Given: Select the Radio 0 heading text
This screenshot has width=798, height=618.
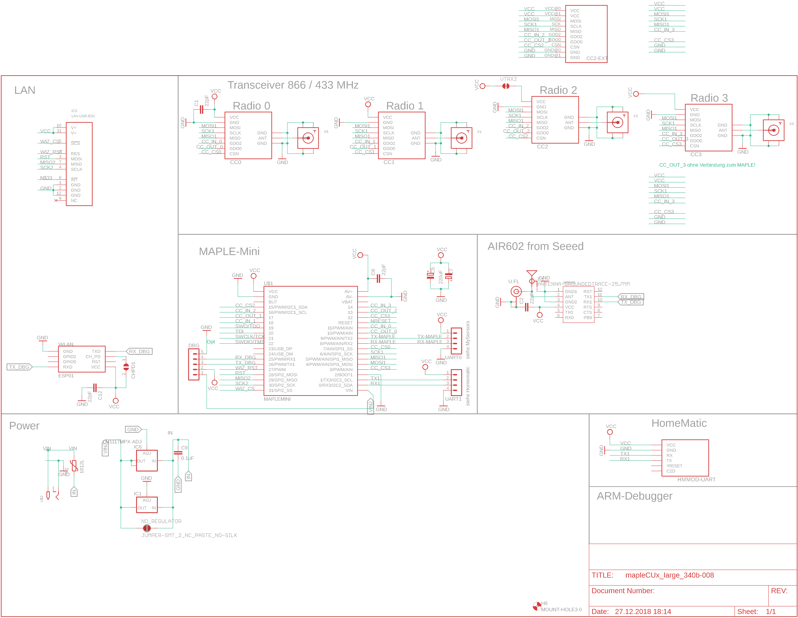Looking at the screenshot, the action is point(251,106).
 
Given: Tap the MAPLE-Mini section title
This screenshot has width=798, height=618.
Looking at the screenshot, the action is point(229,251).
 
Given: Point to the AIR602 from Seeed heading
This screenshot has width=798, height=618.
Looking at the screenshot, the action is point(535,246).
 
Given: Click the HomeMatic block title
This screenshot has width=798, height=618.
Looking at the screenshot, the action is point(679,423).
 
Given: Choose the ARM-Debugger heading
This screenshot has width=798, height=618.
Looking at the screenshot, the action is point(634,496).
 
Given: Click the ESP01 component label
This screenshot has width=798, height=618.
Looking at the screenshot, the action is point(66,376).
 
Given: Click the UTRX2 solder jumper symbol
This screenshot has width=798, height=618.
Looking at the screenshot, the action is point(506,86).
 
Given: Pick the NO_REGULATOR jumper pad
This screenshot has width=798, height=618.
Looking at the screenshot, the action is point(147,528).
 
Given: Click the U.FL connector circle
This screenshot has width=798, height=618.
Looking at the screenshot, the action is point(516,291).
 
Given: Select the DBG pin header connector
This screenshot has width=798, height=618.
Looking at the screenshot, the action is point(194,364).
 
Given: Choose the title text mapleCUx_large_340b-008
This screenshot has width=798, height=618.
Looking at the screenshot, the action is point(669,575).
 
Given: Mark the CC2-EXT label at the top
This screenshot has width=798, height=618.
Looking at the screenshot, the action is point(597,58).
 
